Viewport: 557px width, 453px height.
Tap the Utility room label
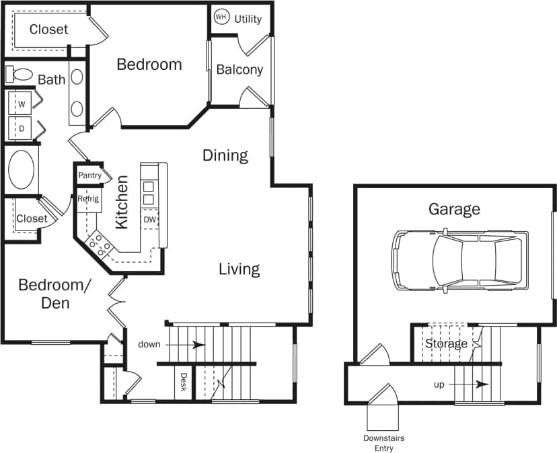(248, 19)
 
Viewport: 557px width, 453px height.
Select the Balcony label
(239, 70)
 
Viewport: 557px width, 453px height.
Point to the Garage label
(454, 209)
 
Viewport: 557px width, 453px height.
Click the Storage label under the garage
(445, 343)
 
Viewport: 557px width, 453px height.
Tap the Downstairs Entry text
(384, 442)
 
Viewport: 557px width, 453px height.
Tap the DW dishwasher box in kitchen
(149, 219)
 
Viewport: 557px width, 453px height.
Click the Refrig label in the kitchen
(88, 199)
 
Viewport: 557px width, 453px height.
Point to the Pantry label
(89, 175)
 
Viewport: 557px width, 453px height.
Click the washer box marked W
(22, 104)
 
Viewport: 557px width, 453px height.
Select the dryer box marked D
(22, 126)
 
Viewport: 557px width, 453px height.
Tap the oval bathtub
(24, 169)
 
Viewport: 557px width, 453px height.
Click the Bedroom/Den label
(54, 294)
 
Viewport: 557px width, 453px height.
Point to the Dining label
(225, 156)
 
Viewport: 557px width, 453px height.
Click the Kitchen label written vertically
(122, 202)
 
